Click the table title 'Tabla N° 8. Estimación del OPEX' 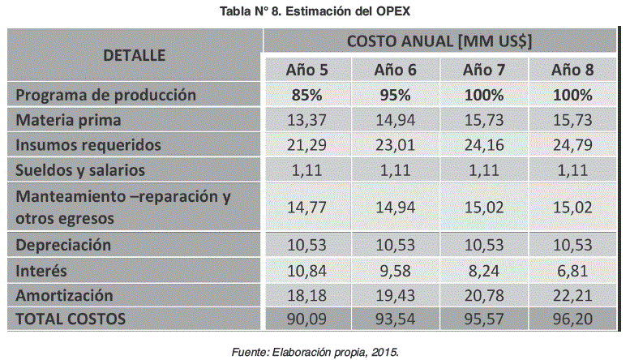tap(315, 11)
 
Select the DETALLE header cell tap(134, 55)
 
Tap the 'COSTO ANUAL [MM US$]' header tap(439, 42)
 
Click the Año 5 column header tap(307, 70)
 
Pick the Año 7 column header tap(484, 70)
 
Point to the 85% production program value tap(307, 95)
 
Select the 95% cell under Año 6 tap(396, 95)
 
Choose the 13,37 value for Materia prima tap(307, 120)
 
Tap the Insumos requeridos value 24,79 tap(572, 145)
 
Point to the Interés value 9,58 tap(396, 269)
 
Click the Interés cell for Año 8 tap(572, 269)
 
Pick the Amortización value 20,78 tap(484, 294)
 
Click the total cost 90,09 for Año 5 tap(307, 319)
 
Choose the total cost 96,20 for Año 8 tap(572, 319)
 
